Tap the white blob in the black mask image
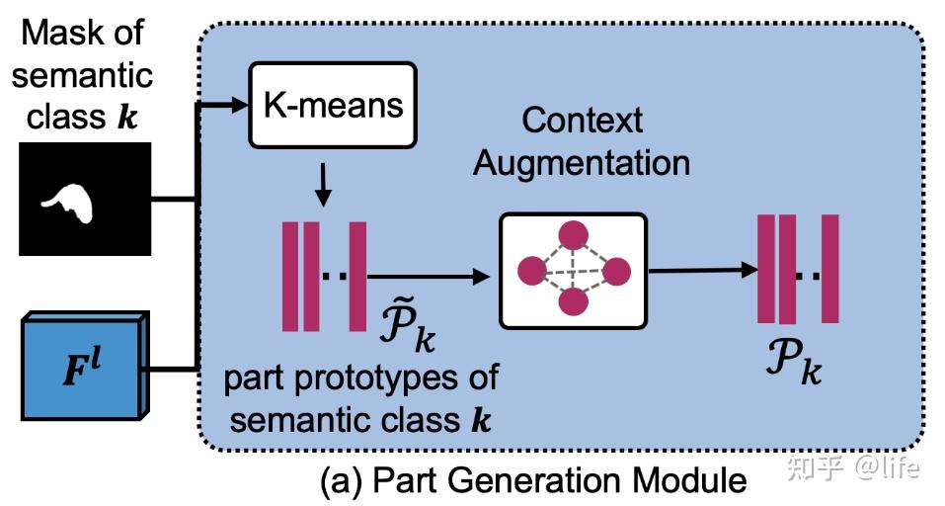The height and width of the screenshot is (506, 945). click(x=71, y=203)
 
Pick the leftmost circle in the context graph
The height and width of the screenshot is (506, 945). click(x=531, y=269)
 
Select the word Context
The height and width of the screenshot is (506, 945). click(x=583, y=121)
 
